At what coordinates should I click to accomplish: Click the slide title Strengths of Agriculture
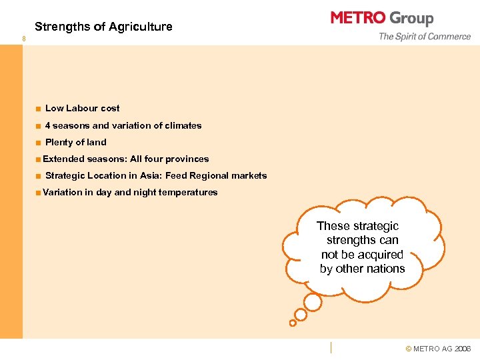103,27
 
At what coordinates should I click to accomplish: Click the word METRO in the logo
357,18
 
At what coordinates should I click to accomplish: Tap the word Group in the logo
411,19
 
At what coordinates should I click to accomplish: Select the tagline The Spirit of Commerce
425,37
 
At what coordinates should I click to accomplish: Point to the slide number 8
24,39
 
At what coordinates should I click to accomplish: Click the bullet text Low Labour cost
82,108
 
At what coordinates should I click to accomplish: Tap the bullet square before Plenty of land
39,143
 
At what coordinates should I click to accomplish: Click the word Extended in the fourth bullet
63,159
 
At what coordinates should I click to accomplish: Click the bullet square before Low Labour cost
39,108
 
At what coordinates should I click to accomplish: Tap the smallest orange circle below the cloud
292,323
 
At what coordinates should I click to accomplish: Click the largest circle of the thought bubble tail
312,302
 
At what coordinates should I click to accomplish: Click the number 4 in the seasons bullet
47,125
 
